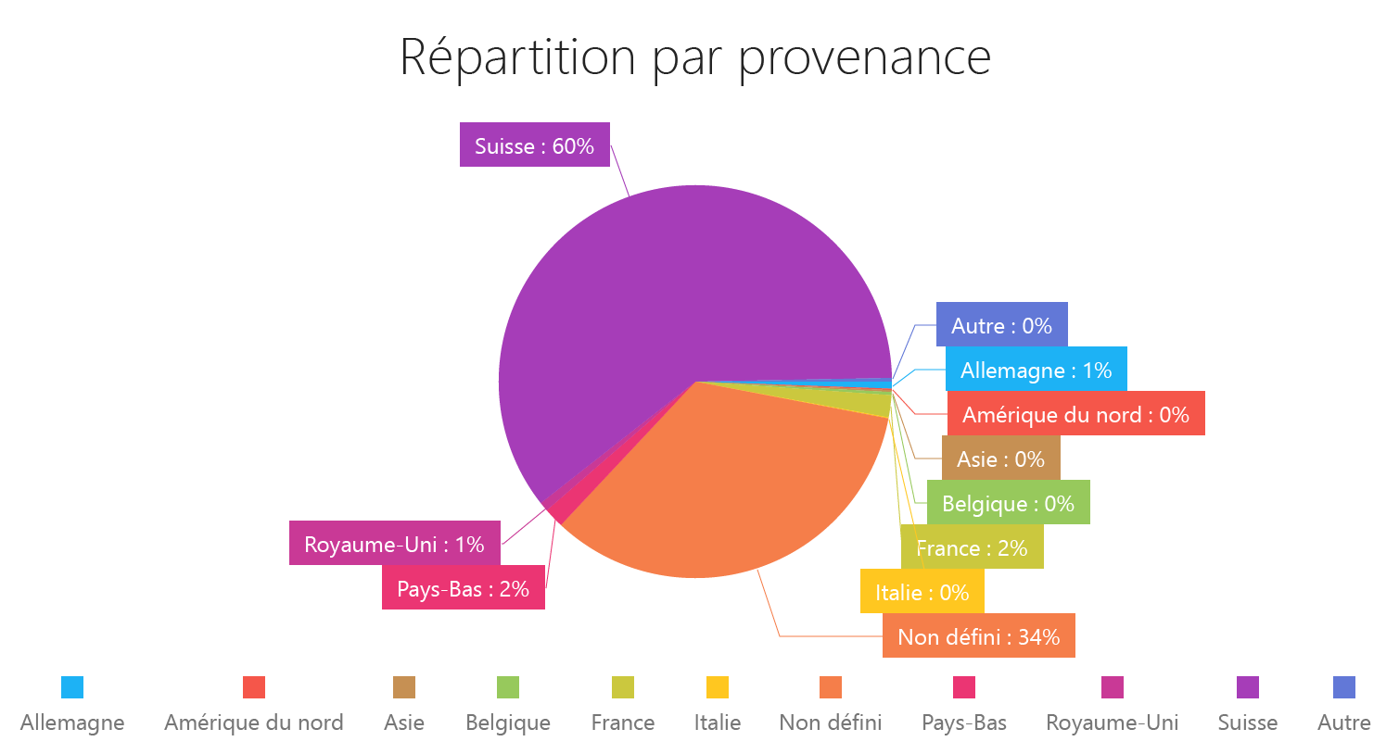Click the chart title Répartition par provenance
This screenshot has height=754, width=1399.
click(x=695, y=57)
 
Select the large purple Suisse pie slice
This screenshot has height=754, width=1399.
click(x=649, y=296)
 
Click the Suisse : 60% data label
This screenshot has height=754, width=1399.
click(x=534, y=145)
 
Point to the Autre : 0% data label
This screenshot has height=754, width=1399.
click(x=1001, y=325)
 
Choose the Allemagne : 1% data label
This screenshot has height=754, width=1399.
click(x=1036, y=370)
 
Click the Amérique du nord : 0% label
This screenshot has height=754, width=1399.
click(x=1075, y=414)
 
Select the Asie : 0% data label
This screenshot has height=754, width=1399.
click(x=1000, y=459)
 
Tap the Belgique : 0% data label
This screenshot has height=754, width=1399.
click(x=1008, y=503)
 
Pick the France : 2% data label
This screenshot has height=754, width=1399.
click(x=972, y=547)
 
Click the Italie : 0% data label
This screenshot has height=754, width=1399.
click(x=922, y=592)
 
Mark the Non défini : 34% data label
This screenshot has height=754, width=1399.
click(x=978, y=636)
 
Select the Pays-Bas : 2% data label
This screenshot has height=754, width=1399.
click(x=463, y=588)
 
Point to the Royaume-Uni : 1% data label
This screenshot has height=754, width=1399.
click(x=394, y=544)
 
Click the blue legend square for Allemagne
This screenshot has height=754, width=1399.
click(x=72, y=687)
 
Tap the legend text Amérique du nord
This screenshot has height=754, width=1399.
click(x=253, y=723)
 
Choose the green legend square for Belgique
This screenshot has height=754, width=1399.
click(x=508, y=687)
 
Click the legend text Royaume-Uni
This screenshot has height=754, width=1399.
click(x=1112, y=723)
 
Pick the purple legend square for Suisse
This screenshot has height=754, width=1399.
click(x=1248, y=687)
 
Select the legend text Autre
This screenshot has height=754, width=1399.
click(x=1343, y=723)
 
